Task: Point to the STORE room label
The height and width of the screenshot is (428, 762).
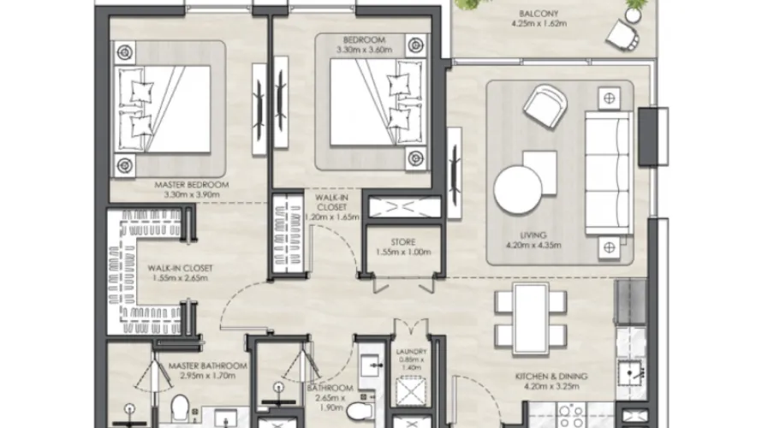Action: click(x=405, y=241)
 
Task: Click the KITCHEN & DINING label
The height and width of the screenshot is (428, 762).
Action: click(x=525, y=376)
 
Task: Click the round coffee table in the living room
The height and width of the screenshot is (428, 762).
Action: click(x=519, y=187)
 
